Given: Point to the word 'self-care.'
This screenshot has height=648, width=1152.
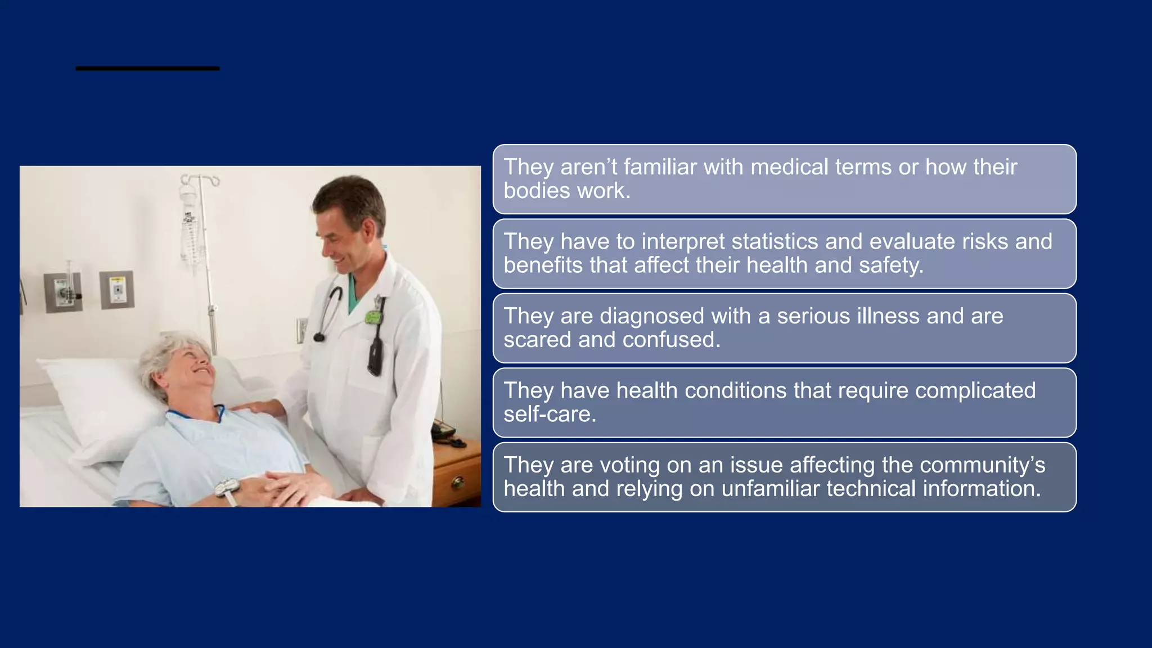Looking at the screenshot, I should (550, 415).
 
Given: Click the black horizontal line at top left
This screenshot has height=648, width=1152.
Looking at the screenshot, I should (147, 69).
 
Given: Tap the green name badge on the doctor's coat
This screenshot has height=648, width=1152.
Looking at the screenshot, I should (372, 317).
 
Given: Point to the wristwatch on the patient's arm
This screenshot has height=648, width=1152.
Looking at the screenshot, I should (227, 487).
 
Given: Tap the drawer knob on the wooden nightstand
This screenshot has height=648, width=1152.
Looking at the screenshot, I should (458, 481).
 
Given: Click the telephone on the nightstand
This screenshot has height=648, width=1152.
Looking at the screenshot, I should (443, 431).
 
